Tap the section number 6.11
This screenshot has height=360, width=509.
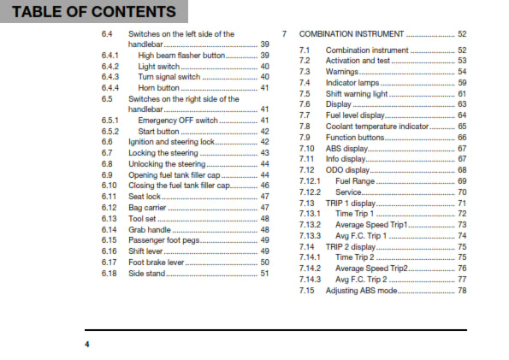(x=109, y=197)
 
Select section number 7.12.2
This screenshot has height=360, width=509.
(x=310, y=192)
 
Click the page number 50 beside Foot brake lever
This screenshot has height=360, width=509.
(x=264, y=263)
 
